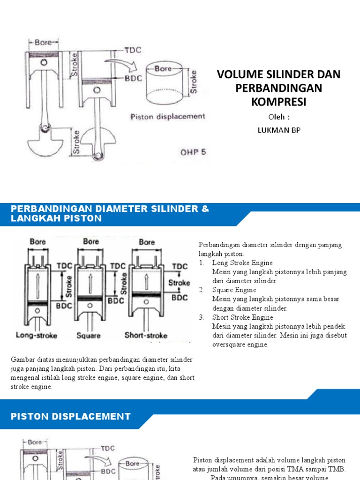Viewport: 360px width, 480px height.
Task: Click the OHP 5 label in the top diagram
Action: [x=193, y=152]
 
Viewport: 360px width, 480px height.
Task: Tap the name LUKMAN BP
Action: [x=278, y=130]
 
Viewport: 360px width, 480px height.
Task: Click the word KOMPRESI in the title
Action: [x=278, y=102]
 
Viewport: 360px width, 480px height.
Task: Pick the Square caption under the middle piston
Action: [x=88, y=336]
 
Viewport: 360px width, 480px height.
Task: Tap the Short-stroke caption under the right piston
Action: [x=146, y=335]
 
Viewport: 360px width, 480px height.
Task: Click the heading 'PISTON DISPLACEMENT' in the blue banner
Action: [x=70, y=416]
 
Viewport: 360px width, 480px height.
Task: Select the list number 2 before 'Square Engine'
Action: [x=201, y=290]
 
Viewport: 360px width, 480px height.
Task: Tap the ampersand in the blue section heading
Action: [x=205, y=208]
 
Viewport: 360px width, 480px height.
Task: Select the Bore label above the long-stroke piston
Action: [x=38, y=242]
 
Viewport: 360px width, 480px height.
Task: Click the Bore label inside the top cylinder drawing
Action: [x=163, y=68]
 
